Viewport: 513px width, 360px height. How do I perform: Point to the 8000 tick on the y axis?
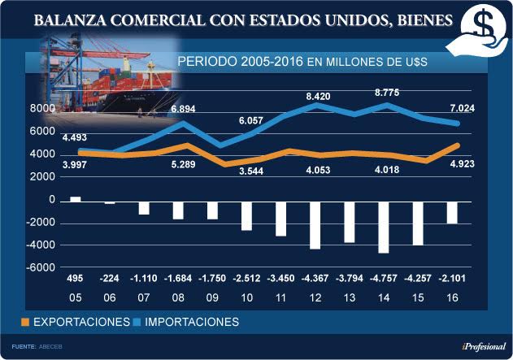(42, 109)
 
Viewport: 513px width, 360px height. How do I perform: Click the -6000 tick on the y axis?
(41, 267)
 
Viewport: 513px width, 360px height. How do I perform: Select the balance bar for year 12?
(315, 224)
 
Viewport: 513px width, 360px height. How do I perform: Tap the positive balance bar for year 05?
(76, 198)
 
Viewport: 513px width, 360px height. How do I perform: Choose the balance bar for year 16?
(452, 211)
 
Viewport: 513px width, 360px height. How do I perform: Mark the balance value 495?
(75, 279)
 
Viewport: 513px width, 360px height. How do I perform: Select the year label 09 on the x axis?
(212, 297)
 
